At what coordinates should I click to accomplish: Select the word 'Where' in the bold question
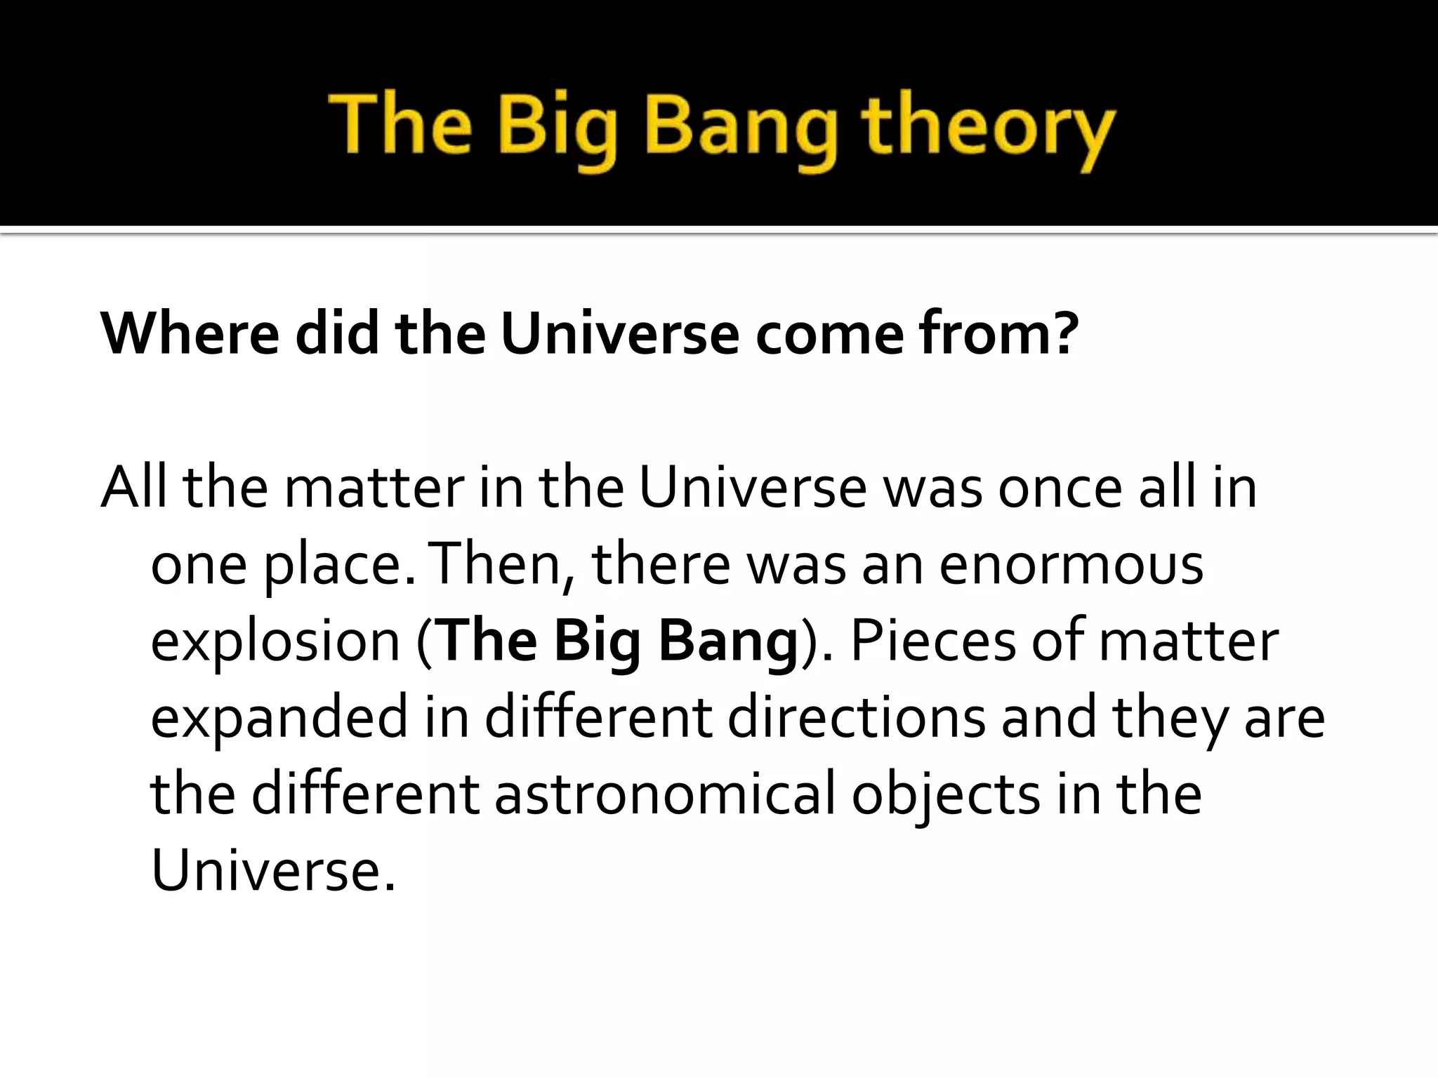[190, 333]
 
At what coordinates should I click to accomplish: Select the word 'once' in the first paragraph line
[1060, 488]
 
